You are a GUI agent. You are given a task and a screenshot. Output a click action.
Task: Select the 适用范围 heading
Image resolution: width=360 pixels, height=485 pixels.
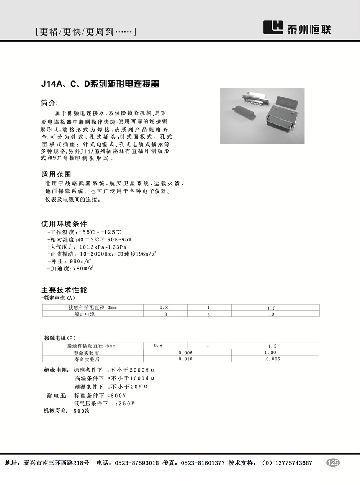(56, 174)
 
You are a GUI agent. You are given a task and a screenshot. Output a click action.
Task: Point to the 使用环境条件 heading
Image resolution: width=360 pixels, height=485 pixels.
(64, 224)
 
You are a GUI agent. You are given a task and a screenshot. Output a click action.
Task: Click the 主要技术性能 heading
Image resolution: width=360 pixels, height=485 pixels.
(64, 290)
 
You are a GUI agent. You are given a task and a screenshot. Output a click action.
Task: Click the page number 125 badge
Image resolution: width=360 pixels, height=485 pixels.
(333, 463)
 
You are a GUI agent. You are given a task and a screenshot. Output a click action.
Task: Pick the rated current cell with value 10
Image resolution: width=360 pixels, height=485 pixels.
(272, 314)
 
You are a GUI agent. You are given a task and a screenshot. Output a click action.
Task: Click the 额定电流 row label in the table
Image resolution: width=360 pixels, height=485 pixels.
(84, 314)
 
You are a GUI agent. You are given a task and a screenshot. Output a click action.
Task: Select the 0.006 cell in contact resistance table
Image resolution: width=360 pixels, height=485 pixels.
(186, 352)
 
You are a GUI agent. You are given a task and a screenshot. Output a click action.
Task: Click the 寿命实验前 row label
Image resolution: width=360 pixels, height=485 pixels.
(87, 352)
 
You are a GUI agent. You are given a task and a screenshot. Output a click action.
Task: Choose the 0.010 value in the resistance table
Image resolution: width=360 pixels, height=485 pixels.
(186, 359)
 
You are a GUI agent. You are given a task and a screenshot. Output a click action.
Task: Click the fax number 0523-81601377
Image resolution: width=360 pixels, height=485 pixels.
(203, 463)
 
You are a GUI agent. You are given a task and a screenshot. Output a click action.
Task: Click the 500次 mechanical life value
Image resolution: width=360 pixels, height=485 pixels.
(81, 411)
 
